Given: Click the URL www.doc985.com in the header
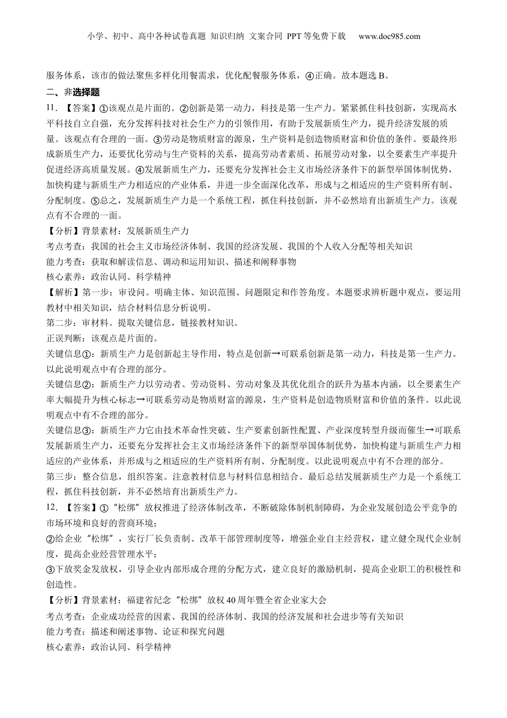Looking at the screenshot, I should click(x=389, y=36).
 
